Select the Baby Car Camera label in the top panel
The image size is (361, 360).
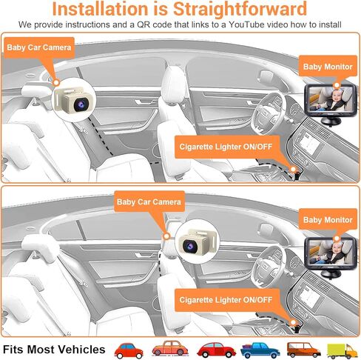(x=39, y=47)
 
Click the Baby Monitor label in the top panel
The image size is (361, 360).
(x=328, y=66)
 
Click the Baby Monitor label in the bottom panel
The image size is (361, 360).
(x=328, y=220)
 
